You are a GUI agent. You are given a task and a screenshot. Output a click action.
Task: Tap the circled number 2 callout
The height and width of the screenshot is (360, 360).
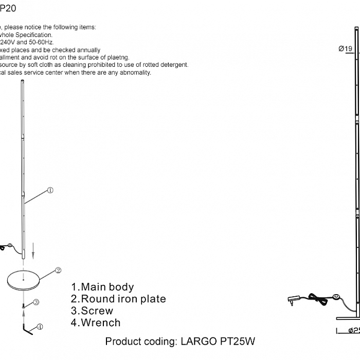coord(58,269)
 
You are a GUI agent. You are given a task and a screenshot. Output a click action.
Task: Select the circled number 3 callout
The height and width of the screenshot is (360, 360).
coord(37,302)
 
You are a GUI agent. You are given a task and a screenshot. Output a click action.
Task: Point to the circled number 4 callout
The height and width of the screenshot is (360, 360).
coord(40,326)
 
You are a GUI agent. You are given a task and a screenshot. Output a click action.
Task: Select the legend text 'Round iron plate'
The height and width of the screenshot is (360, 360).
coord(123,299)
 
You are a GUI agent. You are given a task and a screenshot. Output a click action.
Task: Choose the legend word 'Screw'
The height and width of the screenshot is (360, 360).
coord(97,311)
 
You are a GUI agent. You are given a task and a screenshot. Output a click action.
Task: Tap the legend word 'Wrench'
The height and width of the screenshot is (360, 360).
coord(100,323)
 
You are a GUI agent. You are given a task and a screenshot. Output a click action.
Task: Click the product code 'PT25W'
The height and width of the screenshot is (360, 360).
coord(237,341)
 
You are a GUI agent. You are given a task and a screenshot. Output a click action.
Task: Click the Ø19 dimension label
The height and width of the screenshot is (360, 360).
coord(345,49)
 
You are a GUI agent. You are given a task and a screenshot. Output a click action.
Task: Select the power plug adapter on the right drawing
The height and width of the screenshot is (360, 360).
coord(296,300)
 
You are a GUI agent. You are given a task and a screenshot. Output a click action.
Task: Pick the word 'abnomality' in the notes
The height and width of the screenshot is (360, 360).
coord(133,73)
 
